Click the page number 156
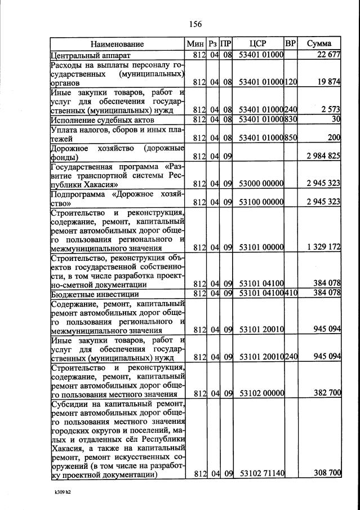click(195, 24)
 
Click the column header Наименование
click(117, 44)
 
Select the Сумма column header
click(319, 43)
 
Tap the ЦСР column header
click(258, 43)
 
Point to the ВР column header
click(291, 43)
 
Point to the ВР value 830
click(291, 119)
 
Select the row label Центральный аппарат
click(90, 55)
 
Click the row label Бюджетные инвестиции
click(92, 293)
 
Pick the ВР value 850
click(291, 138)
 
